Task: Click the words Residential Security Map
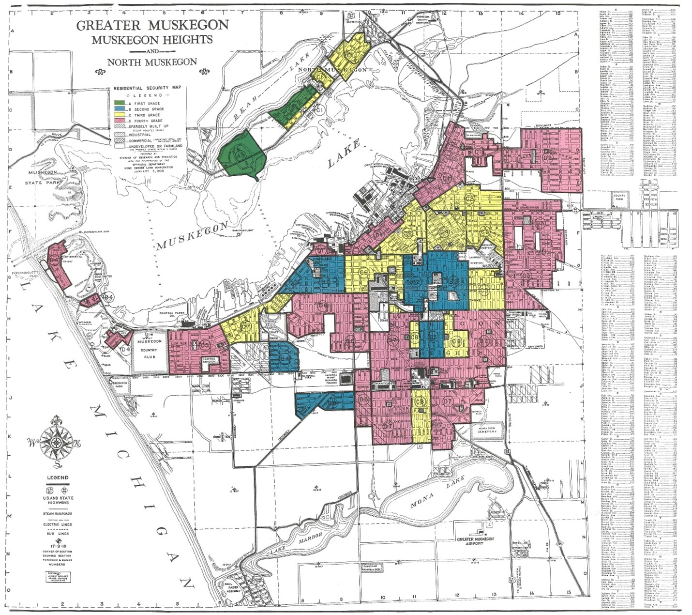point(140,88)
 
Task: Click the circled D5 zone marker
point(205,345)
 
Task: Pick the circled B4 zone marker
point(285,358)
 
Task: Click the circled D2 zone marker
point(548,157)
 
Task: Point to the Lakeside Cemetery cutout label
point(210,359)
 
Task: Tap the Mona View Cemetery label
point(488,429)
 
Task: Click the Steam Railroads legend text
point(57,512)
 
